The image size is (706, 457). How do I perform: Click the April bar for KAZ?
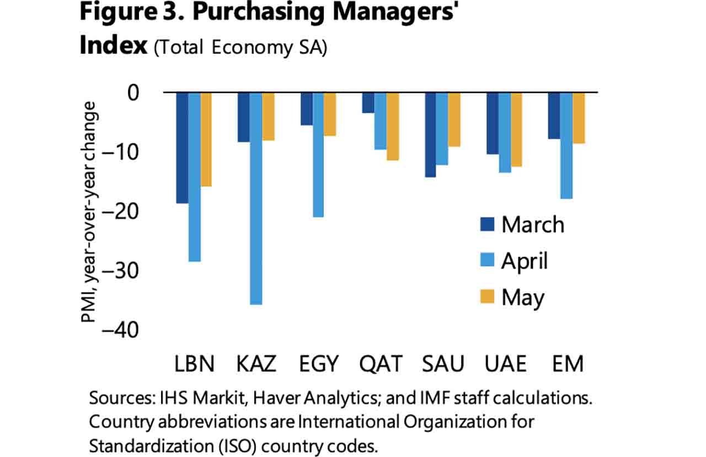[x=255, y=199]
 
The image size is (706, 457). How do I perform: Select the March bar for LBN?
[x=182, y=148]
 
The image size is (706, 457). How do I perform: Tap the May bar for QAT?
[x=392, y=126]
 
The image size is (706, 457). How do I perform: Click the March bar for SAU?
[x=430, y=135]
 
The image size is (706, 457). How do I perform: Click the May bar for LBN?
[x=206, y=140]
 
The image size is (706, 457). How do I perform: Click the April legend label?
[x=524, y=261]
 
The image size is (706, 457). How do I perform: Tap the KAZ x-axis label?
[x=256, y=365]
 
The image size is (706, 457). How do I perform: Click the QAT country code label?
[x=381, y=365]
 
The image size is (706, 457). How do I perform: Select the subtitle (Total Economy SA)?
[x=240, y=48]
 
